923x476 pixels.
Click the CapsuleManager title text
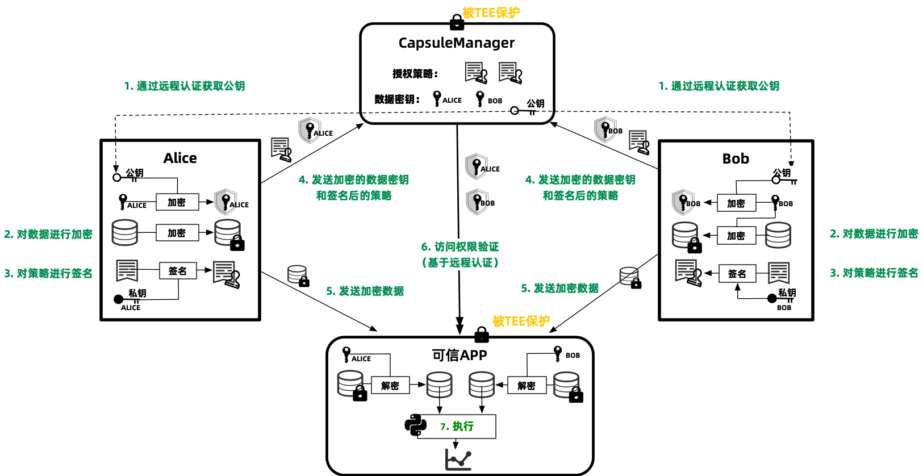click(x=456, y=43)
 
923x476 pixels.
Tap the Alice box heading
click(x=180, y=158)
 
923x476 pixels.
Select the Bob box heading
click(x=736, y=158)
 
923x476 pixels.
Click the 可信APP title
click(x=460, y=355)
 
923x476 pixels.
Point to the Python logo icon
click(x=415, y=425)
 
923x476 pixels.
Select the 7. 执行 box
click(x=457, y=426)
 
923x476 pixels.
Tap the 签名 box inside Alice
click(x=177, y=271)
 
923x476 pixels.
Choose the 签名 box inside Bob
click(x=737, y=274)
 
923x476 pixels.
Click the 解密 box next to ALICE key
click(x=390, y=386)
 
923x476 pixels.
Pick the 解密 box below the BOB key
click(x=527, y=386)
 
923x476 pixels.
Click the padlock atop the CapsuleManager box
click(x=457, y=22)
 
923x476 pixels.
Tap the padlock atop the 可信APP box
click(x=482, y=335)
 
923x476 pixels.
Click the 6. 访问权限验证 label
click(x=460, y=247)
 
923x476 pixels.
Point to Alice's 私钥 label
click(x=137, y=293)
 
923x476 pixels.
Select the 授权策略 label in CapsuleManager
click(x=415, y=73)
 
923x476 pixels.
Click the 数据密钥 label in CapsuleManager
click(x=397, y=99)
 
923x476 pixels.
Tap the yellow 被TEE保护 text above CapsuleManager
click(x=491, y=12)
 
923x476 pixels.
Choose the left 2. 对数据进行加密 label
click(x=48, y=234)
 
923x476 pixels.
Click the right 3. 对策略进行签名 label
click(x=874, y=273)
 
